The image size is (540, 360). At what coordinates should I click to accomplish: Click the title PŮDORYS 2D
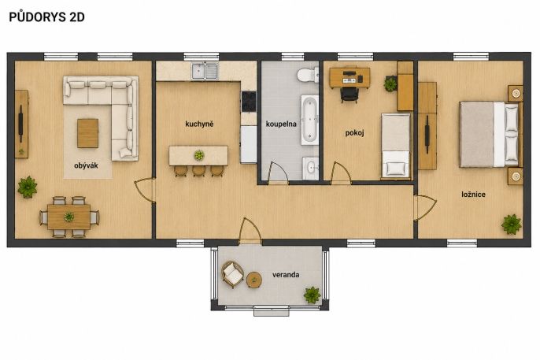(46, 17)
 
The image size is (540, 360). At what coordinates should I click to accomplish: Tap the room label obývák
(86, 165)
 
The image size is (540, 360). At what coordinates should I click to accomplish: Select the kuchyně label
(199, 124)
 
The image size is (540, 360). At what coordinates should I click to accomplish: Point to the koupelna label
(281, 124)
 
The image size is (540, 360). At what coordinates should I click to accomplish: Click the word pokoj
(355, 133)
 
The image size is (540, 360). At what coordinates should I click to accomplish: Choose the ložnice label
(474, 195)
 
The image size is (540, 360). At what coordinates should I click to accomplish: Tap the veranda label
(286, 275)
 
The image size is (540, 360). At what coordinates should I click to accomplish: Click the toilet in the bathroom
(308, 75)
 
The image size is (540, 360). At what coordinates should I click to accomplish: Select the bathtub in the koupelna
(310, 120)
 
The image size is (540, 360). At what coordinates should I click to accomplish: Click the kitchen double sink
(205, 71)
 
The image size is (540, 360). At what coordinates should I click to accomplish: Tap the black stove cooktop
(249, 102)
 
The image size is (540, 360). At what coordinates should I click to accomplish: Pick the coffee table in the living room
(88, 133)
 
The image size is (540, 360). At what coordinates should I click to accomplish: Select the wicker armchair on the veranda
(232, 275)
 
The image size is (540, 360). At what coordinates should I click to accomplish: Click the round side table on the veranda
(254, 280)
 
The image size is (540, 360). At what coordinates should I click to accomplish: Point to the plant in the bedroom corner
(512, 225)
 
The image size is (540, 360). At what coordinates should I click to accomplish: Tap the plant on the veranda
(313, 295)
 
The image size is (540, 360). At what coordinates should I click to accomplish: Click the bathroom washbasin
(311, 168)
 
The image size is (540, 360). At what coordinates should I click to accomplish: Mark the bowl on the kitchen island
(199, 155)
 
